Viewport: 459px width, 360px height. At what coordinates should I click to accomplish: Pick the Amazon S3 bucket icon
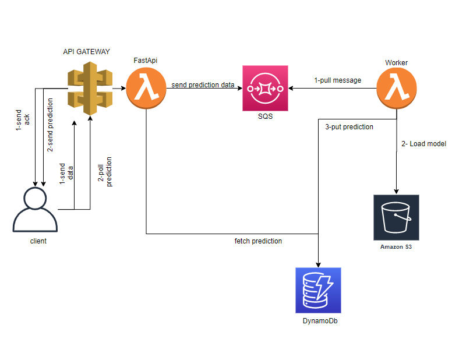point(396,217)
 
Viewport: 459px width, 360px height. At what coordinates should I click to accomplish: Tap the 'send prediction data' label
point(203,85)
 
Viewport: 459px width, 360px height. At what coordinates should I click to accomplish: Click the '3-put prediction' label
point(349,126)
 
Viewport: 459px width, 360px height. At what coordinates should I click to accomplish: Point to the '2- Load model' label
point(424,143)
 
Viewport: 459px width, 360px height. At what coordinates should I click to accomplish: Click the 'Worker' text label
point(396,62)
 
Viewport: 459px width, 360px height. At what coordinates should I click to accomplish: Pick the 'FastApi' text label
point(146,61)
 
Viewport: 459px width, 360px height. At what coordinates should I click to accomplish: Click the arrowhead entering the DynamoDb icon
point(319,264)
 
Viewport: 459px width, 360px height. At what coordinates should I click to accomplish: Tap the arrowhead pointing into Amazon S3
point(397,191)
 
